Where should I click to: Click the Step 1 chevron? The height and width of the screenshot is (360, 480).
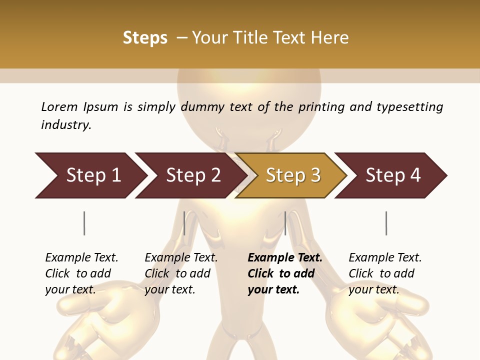click(x=93, y=175)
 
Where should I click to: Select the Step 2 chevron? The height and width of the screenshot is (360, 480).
click(x=193, y=175)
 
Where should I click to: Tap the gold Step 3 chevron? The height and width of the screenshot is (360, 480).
click(x=293, y=175)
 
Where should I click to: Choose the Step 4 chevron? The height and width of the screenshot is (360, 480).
click(x=393, y=175)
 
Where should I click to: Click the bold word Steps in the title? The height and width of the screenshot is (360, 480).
click(x=145, y=38)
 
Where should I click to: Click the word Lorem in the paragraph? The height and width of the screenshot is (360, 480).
click(x=59, y=106)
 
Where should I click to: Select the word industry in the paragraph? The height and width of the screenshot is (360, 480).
click(x=65, y=125)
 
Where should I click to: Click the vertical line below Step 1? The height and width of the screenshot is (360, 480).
click(x=84, y=223)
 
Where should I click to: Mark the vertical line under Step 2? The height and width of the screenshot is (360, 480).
click(x=184, y=223)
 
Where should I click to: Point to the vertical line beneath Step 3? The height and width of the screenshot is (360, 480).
click(x=285, y=223)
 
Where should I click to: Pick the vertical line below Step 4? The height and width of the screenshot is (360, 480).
click(x=386, y=223)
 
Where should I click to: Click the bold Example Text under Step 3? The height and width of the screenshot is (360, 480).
click(x=285, y=258)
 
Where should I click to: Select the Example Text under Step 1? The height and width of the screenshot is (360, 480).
click(x=81, y=258)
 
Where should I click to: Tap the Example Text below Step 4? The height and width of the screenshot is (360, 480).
click(x=385, y=258)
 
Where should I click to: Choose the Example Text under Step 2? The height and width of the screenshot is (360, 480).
click(x=181, y=258)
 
